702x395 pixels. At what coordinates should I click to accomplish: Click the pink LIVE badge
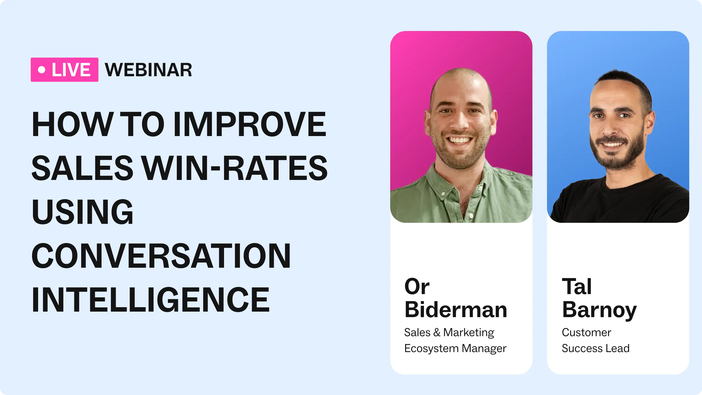coord(64,70)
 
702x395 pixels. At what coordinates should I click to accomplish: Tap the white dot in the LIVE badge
coord(42,70)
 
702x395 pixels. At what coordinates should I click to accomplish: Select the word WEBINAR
coord(148,70)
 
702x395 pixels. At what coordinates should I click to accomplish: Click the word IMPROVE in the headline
coord(250,124)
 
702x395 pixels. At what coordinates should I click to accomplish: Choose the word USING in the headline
coord(82,211)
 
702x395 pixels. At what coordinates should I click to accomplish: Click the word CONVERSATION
coord(161,255)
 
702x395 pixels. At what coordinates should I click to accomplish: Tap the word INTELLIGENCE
coord(151,299)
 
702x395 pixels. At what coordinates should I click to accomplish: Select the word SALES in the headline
coord(82,168)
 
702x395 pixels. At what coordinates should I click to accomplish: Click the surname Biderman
coord(456,310)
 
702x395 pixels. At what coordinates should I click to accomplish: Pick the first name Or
coord(417,286)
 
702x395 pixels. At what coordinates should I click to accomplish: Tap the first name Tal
coord(577,286)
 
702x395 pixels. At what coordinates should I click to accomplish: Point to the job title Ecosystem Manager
coord(455,348)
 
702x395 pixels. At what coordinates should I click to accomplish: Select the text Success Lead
coord(596,348)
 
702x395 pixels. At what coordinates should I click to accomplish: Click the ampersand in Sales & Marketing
coord(437,332)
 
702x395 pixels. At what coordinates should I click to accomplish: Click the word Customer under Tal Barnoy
coord(587,332)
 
